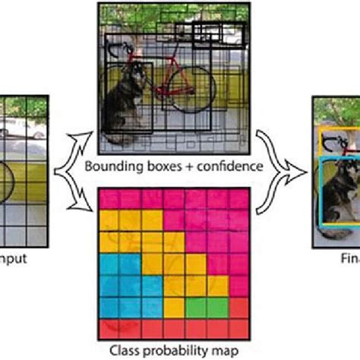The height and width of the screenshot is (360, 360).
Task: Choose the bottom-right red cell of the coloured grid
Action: coord(240,330)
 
